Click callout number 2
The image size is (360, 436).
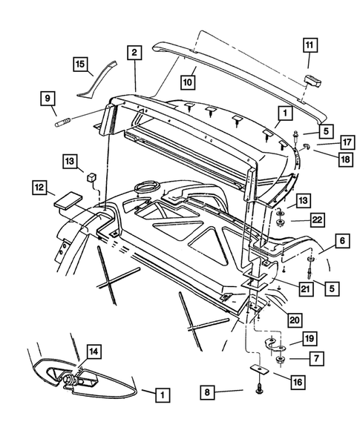[x=134, y=53]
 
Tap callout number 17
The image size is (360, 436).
[x=326, y=142]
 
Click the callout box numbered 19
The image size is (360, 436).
[x=309, y=339]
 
